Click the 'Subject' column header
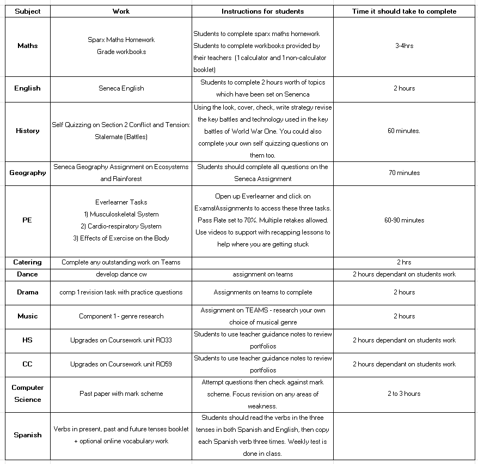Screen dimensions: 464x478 [x=28, y=11]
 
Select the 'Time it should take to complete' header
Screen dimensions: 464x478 [x=404, y=11]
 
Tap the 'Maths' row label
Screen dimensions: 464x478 [x=28, y=46]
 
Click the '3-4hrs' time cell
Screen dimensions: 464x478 [x=404, y=46]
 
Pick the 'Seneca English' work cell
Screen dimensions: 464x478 [x=121, y=88]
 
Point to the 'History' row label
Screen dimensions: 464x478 [x=28, y=131]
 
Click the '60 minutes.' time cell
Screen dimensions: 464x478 [x=404, y=131]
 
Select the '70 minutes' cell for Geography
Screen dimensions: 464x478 [x=404, y=173]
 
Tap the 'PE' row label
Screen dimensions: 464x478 [x=28, y=220]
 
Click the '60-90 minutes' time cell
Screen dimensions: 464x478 [x=404, y=220]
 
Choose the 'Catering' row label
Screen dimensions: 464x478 [x=28, y=262]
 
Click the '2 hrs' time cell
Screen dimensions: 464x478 [x=404, y=262]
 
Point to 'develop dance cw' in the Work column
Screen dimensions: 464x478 [x=121, y=274]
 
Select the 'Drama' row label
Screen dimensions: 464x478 [x=28, y=292]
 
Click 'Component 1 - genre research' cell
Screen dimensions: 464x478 [x=121, y=316]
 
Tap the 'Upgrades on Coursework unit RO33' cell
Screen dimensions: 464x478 [x=121, y=340]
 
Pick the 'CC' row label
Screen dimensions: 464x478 [x=28, y=364]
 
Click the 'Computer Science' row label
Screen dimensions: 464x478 [x=28, y=394]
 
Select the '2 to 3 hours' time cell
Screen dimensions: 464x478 [x=404, y=394]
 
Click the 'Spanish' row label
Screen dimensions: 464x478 [x=28, y=435]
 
